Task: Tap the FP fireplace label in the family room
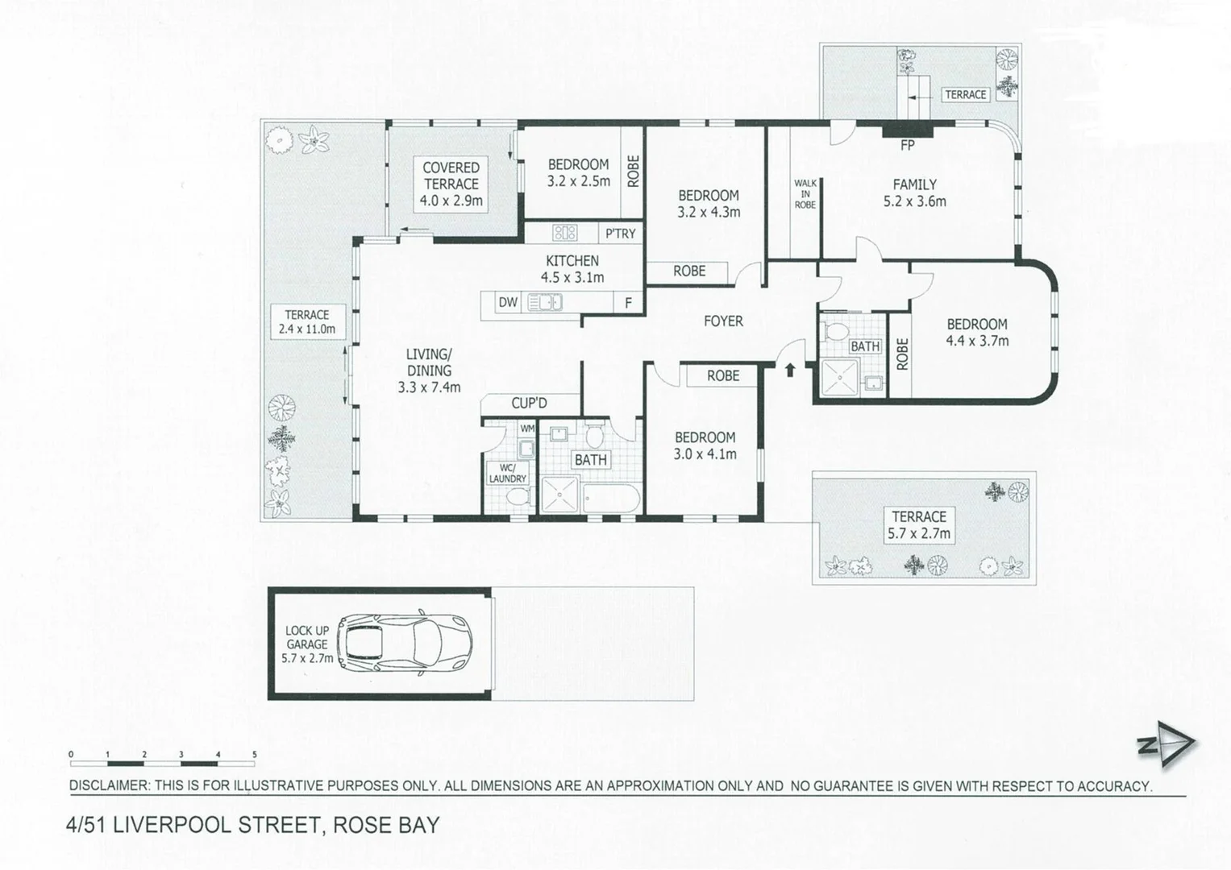pyautogui.click(x=908, y=146)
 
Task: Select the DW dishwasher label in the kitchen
pyautogui.click(x=508, y=303)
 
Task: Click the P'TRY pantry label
pyautogui.click(x=621, y=234)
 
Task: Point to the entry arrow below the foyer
pyautogui.click(x=790, y=370)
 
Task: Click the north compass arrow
pyautogui.click(x=1167, y=744)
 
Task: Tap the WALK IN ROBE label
pyautogui.click(x=805, y=194)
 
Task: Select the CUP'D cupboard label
pyautogui.click(x=529, y=403)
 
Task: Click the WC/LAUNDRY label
pyautogui.click(x=508, y=473)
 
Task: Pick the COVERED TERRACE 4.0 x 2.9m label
pyautogui.click(x=451, y=184)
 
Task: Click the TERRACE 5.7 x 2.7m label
pyautogui.click(x=919, y=525)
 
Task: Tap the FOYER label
pyautogui.click(x=723, y=321)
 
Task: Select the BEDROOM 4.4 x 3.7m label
pyautogui.click(x=977, y=332)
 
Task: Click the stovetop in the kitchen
pyautogui.click(x=564, y=233)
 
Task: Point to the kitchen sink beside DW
pyautogui.click(x=544, y=303)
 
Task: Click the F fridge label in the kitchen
pyautogui.click(x=628, y=304)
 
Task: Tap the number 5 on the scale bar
pyautogui.click(x=255, y=755)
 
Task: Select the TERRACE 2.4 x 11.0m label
pyautogui.click(x=307, y=321)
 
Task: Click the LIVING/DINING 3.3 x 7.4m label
pyautogui.click(x=429, y=371)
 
